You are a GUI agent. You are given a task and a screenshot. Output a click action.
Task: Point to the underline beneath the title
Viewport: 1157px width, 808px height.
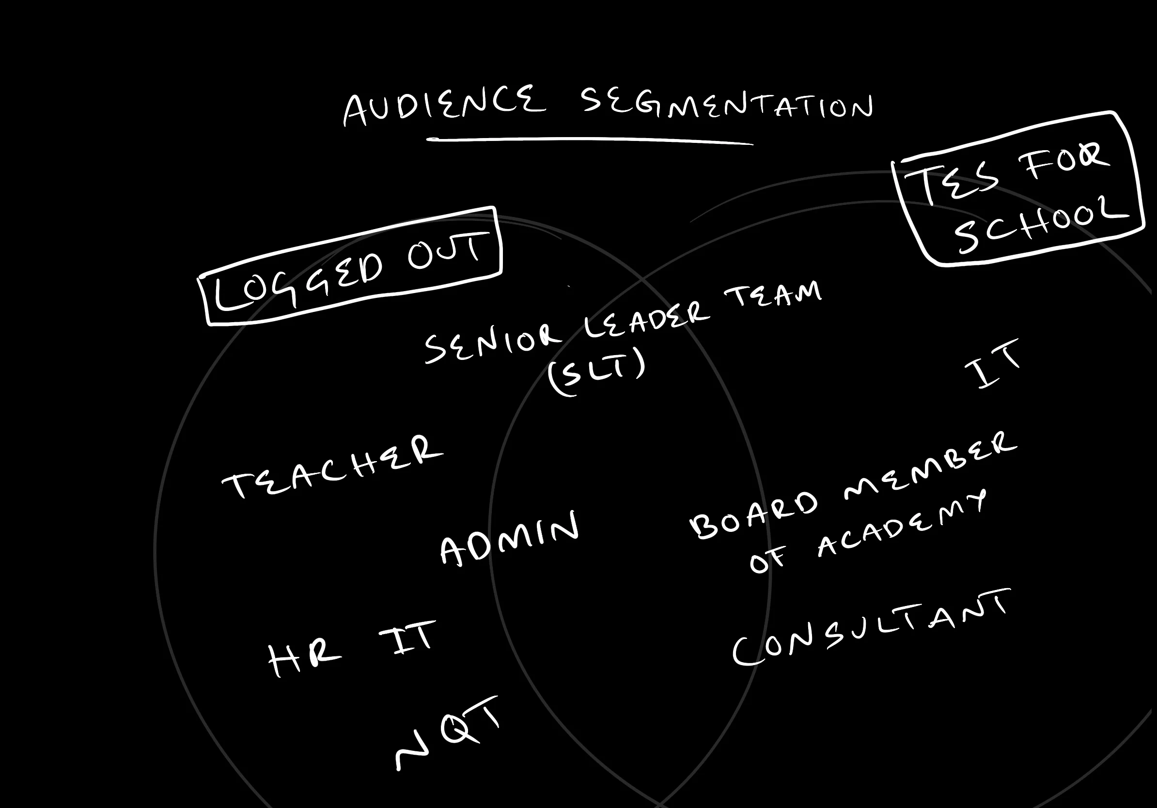590,140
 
